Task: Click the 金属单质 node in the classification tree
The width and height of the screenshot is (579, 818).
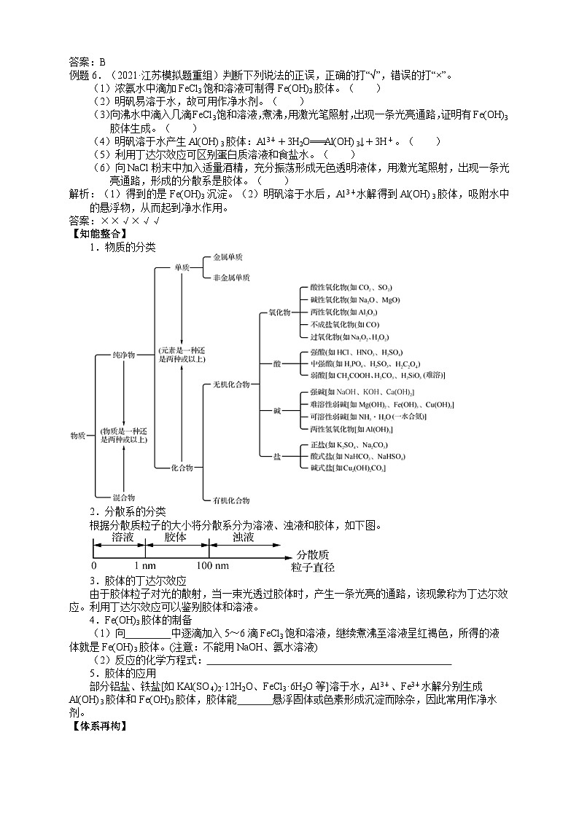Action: click(x=227, y=258)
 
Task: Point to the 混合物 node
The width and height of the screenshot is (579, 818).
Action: click(x=123, y=495)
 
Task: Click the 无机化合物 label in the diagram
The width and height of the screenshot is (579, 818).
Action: click(x=230, y=383)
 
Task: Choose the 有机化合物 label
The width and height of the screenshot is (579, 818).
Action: click(x=230, y=500)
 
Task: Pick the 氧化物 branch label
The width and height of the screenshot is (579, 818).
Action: click(x=279, y=312)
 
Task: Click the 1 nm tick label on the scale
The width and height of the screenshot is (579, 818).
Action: click(x=144, y=566)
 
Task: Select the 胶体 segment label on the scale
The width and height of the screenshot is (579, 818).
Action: click(x=176, y=538)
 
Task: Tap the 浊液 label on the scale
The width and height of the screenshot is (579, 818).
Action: click(x=244, y=538)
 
